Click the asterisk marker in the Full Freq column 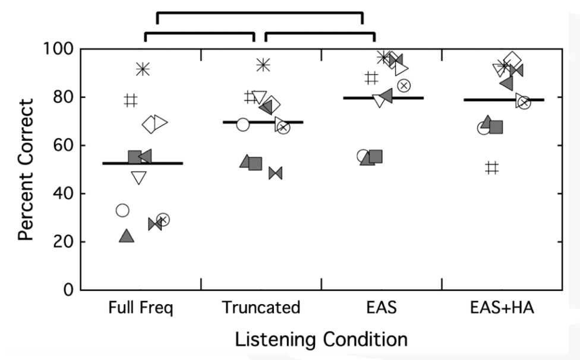click(x=143, y=69)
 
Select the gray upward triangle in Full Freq click(x=127, y=236)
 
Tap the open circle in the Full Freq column click(x=122, y=210)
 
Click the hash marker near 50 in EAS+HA click(x=492, y=168)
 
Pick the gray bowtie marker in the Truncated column click(x=276, y=173)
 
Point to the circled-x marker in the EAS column click(x=404, y=86)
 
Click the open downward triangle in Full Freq click(x=138, y=178)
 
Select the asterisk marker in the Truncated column click(x=263, y=65)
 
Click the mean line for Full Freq click(x=143, y=163)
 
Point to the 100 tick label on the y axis click(x=59, y=49)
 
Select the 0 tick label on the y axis click(x=69, y=290)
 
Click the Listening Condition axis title click(x=321, y=339)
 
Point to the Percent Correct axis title click(x=26, y=170)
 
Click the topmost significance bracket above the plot click(x=260, y=13)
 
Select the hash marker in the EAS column click(x=371, y=78)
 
